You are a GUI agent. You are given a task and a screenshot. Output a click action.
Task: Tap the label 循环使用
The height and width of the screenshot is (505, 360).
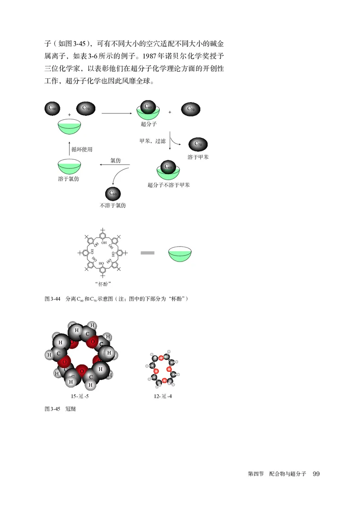[82, 149]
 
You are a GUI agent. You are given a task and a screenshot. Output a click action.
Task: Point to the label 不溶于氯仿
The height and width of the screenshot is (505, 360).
[112, 205]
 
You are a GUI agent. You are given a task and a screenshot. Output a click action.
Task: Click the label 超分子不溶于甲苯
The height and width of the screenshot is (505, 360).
[168, 185]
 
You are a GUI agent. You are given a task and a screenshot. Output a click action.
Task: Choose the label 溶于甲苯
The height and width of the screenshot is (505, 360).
[198, 157]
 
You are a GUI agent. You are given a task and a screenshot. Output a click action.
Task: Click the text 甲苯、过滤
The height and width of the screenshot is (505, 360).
[153, 141]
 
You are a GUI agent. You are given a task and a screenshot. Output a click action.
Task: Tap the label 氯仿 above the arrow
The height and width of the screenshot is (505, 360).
[115, 161]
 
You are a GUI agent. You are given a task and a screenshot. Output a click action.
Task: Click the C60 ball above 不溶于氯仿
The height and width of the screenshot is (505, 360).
[113, 194]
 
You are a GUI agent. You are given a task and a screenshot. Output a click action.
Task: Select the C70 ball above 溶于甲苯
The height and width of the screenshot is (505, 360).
[198, 144]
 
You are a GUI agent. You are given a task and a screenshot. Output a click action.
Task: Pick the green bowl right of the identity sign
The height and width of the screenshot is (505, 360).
[180, 254]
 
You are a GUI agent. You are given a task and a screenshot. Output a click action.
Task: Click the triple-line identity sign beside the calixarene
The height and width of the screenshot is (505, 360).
[148, 253]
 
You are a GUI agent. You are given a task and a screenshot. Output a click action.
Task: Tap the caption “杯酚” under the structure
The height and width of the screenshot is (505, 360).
[103, 284]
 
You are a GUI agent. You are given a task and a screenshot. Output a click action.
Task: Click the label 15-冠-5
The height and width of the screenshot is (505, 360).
[82, 397]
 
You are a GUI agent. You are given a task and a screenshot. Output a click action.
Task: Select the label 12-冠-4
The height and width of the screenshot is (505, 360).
[162, 397]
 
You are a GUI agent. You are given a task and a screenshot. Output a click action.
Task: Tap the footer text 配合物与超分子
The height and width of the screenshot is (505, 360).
[288, 474]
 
